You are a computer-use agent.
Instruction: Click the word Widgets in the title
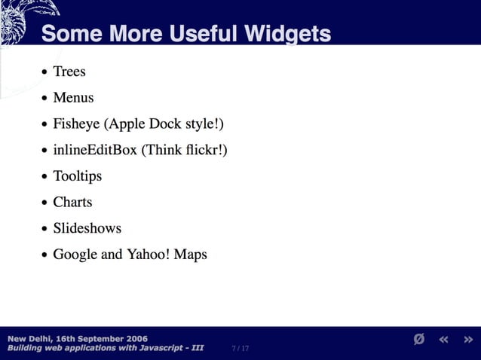coord(282,34)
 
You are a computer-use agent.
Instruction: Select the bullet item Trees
coord(69,72)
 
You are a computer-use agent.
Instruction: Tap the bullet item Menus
coord(73,98)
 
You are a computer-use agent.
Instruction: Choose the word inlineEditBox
coord(95,150)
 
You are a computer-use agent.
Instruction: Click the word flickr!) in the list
coord(206,150)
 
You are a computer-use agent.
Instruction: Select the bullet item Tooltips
coord(77,176)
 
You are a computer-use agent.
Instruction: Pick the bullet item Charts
coord(72,202)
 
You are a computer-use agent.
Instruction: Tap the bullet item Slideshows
coord(87,228)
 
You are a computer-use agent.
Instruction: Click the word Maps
coord(190,255)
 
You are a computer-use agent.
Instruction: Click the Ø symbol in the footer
coord(419,340)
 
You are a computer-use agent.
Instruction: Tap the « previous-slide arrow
coord(444,340)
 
